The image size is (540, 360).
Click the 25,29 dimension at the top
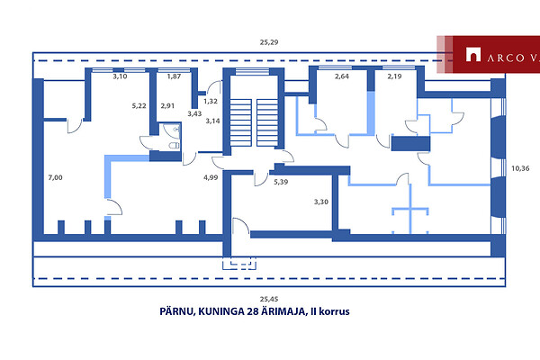pyautogui.click(x=269, y=42)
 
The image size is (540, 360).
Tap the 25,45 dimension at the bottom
pyautogui.click(x=269, y=299)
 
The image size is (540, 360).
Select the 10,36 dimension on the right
pyautogui.click(x=520, y=168)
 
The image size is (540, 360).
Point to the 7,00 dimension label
pyautogui.click(x=55, y=178)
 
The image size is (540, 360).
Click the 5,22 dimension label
pyautogui.click(x=139, y=106)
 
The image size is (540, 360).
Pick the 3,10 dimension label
pyautogui.click(x=120, y=76)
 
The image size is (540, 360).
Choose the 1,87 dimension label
pyautogui.click(x=174, y=76)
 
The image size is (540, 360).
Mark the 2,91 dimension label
pyautogui.click(x=167, y=106)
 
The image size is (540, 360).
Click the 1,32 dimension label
pyautogui.click(x=211, y=102)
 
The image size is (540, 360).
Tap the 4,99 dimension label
pyautogui.click(x=211, y=178)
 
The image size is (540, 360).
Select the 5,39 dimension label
pyautogui.click(x=281, y=182)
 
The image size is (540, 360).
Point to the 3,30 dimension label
pyautogui.click(x=321, y=202)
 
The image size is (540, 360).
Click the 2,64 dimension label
pyautogui.click(x=342, y=76)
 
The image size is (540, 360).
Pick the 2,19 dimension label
pyautogui.click(x=395, y=76)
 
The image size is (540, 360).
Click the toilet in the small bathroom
pyautogui.click(x=175, y=146)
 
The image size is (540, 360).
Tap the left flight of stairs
pyautogui.click(x=240, y=122)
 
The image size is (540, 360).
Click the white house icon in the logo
pyautogui.click(x=473, y=54)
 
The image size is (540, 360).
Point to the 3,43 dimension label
pyautogui.click(x=194, y=113)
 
